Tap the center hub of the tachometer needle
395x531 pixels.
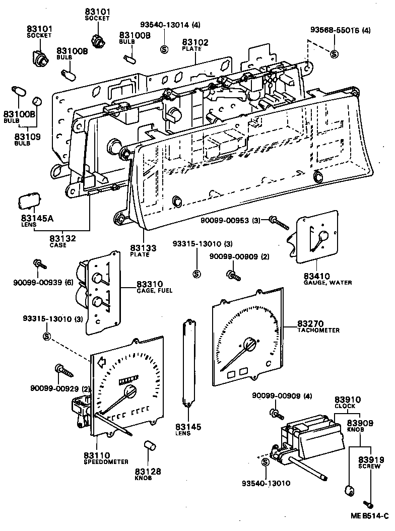(249, 344)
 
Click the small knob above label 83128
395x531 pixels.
(149, 445)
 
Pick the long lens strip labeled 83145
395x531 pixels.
(189, 363)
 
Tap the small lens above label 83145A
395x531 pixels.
(28, 202)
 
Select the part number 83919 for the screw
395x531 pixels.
(371, 459)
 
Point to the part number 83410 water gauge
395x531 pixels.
(316, 276)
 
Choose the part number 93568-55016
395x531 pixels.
(334, 30)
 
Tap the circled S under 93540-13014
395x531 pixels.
(163, 49)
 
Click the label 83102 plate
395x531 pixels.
(195, 42)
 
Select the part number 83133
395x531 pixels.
(143, 248)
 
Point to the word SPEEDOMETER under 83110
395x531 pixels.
(106, 461)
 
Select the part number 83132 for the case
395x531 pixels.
(62, 238)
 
